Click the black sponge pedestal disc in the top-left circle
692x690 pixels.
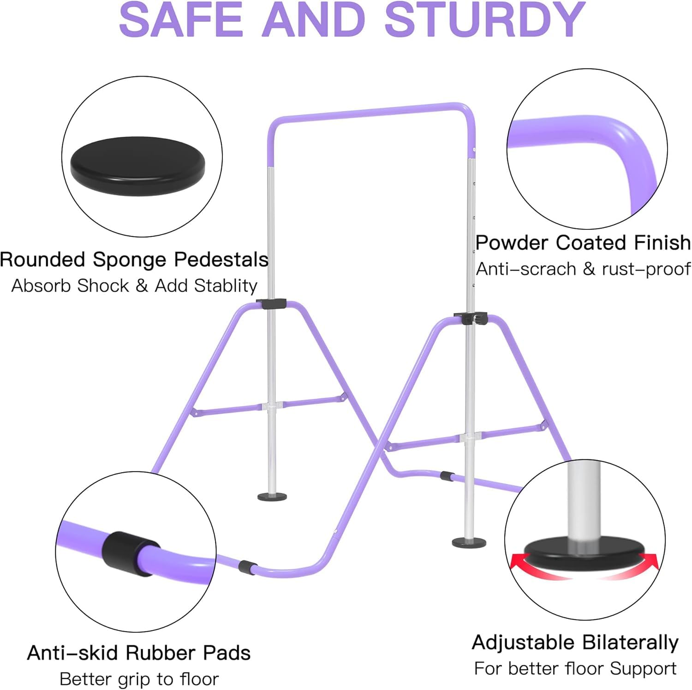pos(137,168)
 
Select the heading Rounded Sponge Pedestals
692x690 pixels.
pos(134,260)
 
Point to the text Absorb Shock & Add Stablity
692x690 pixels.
pos(134,286)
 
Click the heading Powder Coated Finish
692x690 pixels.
pos(583,242)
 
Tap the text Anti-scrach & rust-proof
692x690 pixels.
pos(583,269)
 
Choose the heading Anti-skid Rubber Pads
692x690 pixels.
pos(139,653)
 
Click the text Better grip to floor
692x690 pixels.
pos(139,679)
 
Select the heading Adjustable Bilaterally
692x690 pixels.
pos(575,642)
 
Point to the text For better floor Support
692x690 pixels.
pos(575,668)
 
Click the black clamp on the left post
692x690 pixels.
pos(271,304)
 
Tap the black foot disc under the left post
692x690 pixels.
pos(272,497)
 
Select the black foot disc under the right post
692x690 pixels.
pos(469,542)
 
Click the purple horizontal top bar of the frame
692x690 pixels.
pos(369,113)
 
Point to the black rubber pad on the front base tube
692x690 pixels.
pos(248,567)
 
